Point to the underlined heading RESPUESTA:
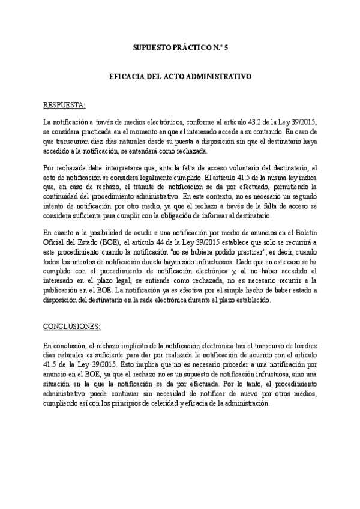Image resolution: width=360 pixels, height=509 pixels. tap(65, 106)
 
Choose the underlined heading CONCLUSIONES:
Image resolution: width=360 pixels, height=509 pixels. tap(72, 327)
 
